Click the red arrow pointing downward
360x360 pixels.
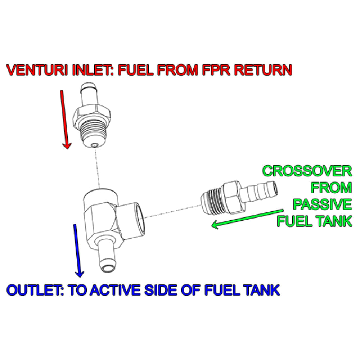[x=65, y=119]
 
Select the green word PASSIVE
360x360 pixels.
[x=322, y=204]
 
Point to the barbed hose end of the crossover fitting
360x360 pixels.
[x=261, y=191]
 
